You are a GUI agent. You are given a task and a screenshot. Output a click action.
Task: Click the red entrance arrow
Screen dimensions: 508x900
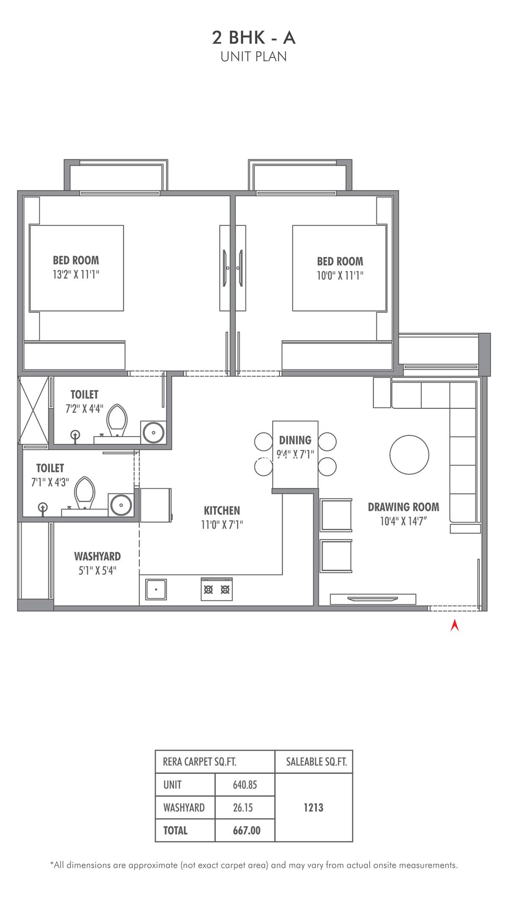click(455, 626)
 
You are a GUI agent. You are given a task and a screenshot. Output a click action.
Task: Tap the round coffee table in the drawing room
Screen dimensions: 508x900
click(409, 455)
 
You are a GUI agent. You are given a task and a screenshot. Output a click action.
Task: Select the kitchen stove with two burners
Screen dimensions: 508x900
click(217, 589)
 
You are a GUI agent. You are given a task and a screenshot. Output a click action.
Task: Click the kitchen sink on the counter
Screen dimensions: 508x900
click(156, 589)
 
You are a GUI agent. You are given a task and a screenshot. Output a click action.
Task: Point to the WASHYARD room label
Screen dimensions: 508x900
click(97, 556)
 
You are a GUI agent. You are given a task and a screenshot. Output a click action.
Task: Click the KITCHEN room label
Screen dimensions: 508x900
click(222, 510)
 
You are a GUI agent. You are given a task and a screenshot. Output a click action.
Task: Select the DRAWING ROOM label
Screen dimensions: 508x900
click(403, 507)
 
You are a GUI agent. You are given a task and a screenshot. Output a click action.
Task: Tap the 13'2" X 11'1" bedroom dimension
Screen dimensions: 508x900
click(76, 275)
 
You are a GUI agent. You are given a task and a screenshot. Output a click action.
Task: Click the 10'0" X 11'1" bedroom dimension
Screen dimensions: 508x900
click(340, 275)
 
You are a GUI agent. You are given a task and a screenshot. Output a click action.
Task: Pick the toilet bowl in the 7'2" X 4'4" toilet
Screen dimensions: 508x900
click(117, 420)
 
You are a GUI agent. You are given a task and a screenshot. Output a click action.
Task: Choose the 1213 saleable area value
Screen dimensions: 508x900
click(314, 808)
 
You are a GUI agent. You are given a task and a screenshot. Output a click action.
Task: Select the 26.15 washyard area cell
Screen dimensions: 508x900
click(243, 808)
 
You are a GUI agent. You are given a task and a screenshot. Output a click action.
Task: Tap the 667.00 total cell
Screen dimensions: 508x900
click(246, 831)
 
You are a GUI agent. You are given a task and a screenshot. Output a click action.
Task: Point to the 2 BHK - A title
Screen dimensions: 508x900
click(254, 38)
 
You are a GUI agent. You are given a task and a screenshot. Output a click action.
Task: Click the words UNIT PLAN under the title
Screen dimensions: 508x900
click(254, 57)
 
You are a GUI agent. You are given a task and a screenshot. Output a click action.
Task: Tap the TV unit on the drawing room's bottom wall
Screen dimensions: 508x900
click(373, 599)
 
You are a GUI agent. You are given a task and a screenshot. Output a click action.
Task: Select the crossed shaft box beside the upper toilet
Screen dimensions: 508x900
click(34, 410)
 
